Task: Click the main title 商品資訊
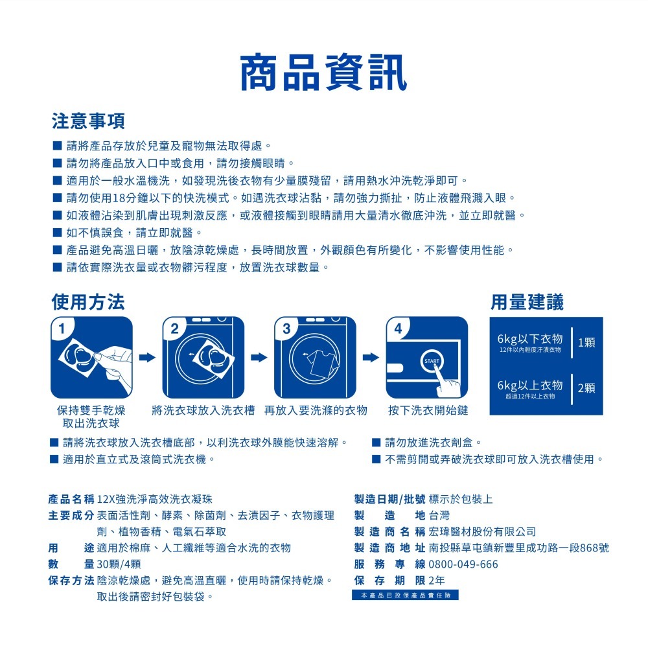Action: [323, 72]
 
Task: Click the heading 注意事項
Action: [88, 121]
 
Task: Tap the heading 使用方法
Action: [88, 301]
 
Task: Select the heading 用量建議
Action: [527, 301]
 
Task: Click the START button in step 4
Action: [432, 361]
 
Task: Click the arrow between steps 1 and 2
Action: [148, 357]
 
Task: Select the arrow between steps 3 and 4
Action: [371, 357]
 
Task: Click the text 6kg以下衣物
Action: [529, 339]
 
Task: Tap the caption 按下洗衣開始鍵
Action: [428, 410]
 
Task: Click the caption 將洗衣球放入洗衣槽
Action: [203, 410]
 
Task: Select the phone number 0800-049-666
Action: [463, 564]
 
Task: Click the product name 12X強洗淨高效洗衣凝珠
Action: [154, 500]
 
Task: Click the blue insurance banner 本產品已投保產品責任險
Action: [405, 595]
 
